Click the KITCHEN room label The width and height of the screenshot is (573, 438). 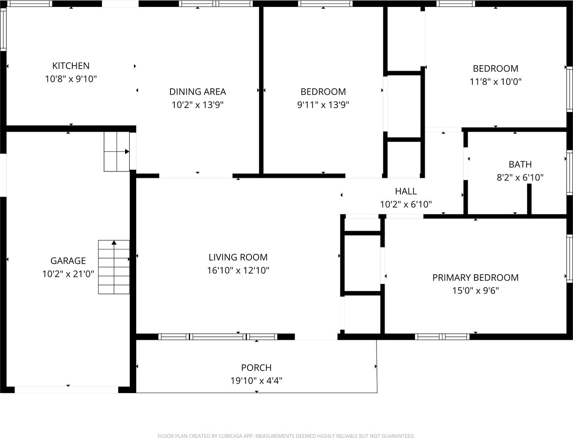click(x=71, y=66)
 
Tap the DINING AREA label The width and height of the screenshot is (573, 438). click(x=197, y=91)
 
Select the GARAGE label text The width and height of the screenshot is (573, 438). click(x=68, y=261)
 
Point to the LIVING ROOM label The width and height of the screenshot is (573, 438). click(x=238, y=257)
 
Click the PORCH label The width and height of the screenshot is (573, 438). click(x=256, y=367)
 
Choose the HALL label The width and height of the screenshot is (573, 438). click(x=406, y=191)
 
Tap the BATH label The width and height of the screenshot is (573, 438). click(x=520, y=164)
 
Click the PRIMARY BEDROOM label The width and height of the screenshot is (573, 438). click(x=475, y=277)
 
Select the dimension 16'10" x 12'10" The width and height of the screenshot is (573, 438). click(x=238, y=270)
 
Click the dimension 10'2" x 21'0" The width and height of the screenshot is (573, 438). click(x=68, y=273)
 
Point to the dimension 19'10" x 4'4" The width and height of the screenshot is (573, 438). click(x=256, y=380)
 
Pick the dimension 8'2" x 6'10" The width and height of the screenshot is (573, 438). click(x=520, y=177)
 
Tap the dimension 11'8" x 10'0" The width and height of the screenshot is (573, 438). click(x=495, y=81)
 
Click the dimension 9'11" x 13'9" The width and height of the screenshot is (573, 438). click(x=323, y=105)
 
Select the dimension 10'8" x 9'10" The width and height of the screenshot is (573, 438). click(x=71, y=79)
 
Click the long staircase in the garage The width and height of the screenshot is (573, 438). click(x=114, y=267)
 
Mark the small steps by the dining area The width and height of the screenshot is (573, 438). click(x=116, y=152)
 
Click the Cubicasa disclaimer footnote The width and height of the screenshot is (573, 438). click(x=286, y=436)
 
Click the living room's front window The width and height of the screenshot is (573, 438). click(x=218, y=337)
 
